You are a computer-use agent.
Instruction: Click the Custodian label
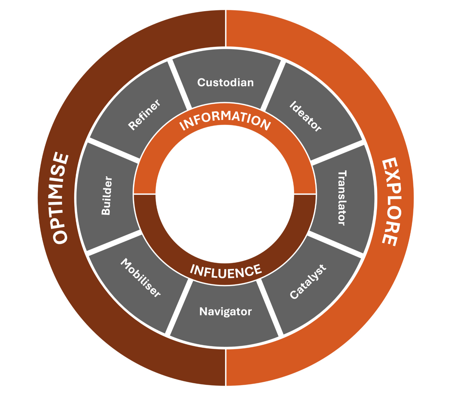coord(225,82)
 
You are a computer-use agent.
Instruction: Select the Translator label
coord(342,198)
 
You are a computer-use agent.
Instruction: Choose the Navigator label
coord(225,312)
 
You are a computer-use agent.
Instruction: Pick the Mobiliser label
coord(141,278)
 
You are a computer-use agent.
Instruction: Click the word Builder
coord(107,196)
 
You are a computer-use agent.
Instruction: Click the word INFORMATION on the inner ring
coord(225,120)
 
